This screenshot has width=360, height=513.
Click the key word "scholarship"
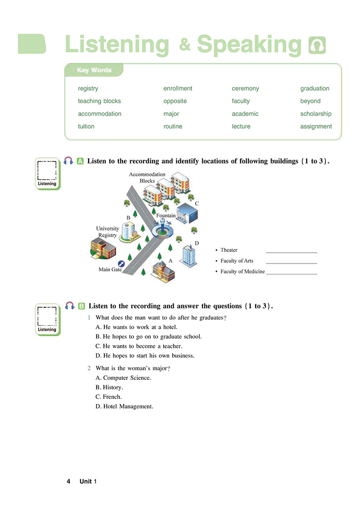click(315, 114)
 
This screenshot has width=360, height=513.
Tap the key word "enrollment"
click(178, 88)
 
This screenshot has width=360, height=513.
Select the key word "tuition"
click(86, 127)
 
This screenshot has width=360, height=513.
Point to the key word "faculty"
click(241, 101)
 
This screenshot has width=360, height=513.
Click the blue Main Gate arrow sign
click(121, 264)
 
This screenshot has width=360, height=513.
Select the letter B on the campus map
click(129, 218)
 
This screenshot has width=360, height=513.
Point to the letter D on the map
click(197, 244)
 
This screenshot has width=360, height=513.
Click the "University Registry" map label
click(108, 232)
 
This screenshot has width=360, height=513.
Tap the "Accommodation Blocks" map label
click(147, 178)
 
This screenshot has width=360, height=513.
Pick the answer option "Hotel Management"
click(124, 406)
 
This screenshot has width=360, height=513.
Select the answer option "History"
click(109, 388)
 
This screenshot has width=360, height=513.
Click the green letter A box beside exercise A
click(80, 161)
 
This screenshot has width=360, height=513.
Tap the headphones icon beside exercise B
click(70, 306)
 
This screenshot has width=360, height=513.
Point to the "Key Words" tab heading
click(94, 70)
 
